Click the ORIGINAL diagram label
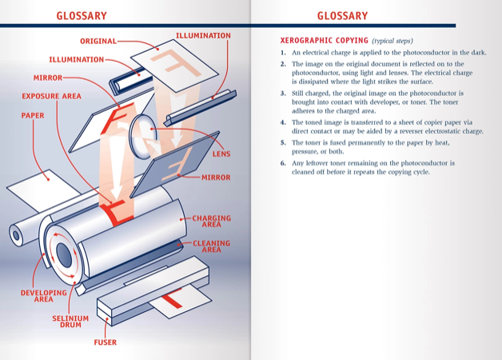[x=98, y=41]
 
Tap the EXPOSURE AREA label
[x=51, y=96]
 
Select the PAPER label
[x=33, y=115]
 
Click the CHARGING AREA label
[x=211, y=221]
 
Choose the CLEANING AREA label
[x=211, y=246]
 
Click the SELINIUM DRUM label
[x=70, y=322]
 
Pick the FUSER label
[x=105, y=342]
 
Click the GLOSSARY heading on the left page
[x=82, y=15]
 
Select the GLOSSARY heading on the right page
[x=342, y=15]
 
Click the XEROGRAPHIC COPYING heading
[x=325, y=40]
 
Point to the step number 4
[x=283, y=122]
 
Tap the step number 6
[x=283, y=162]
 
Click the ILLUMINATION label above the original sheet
[x=203, y=35]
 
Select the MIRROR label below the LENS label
[x=216, y=178]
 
